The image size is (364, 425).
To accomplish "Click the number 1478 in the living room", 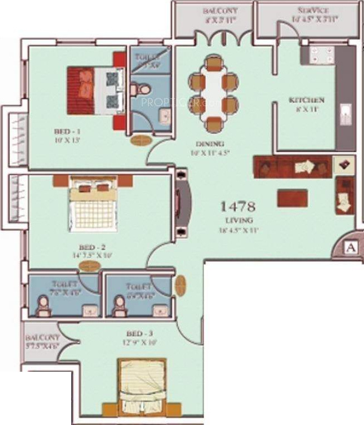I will pyautogui.click(x=237, y=207).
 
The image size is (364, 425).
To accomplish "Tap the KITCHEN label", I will pyautogui.click(x=306, y=100).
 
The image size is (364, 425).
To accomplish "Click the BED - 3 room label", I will pyautogui.click(x=137, y=333).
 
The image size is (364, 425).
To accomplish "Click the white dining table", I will pyautogui.click(x=213, y=92).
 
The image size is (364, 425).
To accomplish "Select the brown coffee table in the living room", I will pyautogui.click(x=292, y=198).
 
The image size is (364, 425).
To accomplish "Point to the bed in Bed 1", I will pyautogui.click(x=96, y=90).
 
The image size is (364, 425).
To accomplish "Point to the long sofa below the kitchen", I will pyautogui.click(x=293, y=166).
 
